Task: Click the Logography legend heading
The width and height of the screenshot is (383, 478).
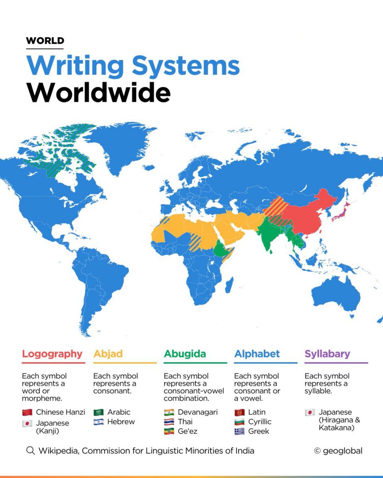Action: pyautogui.click(x=52, y=354)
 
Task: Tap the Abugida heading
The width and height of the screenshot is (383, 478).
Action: pyautogui.click(x=184, y=354)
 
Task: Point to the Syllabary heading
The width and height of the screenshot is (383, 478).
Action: pyautogui.click(x=327, y=354)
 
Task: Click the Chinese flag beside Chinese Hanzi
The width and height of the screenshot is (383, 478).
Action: pyautogui.click(x=27, y=412)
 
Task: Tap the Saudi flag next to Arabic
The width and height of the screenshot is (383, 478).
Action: pyautogui.click(x=98, y=412)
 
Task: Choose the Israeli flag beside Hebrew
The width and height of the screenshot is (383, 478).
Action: pyautogui.click(x=98, y=422)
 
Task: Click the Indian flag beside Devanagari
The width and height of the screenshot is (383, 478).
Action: pyautogui.click(x=169, y=412)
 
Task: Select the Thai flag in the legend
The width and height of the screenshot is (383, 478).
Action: pyautogui.click(x=169, y=422)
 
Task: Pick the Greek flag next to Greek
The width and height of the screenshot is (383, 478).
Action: pyautogui.click(x=239, y=431)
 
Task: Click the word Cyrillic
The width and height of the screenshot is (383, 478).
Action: pyautogui.click(x=260, y=422)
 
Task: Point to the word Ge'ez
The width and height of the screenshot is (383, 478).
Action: pyautogui.click(x=188, y=431)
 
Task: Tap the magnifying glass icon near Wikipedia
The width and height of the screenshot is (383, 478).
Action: pyautogui.click(x=30, y=451)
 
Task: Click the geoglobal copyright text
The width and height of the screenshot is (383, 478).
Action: pyautogui.click(x=338, y=451)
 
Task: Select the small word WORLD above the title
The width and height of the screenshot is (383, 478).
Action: pyautogui.click(x=45, y=41)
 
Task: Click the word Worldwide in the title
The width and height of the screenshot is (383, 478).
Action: pyautogui.click(x=99, y=93)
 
